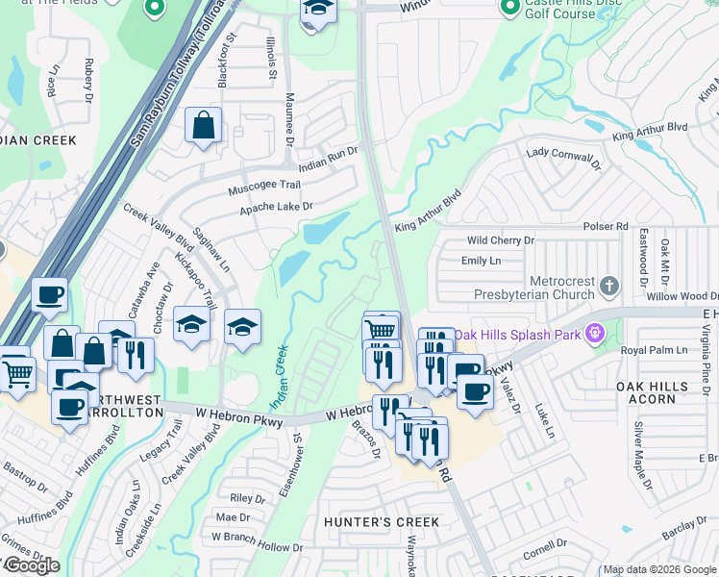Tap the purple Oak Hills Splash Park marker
[x=596, y=334]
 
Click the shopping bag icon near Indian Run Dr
[x=204, y=126]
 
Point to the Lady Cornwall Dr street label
[x=562, y=158]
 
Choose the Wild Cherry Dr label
[x=499, y=240]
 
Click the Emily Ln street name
[x=482, y=261]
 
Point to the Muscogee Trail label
[x=264, y=186]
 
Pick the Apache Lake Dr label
[x=277, y=207]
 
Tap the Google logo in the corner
[x=32, y=565]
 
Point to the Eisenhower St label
[x=289, y=464]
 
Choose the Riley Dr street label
[x=247, y=498]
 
